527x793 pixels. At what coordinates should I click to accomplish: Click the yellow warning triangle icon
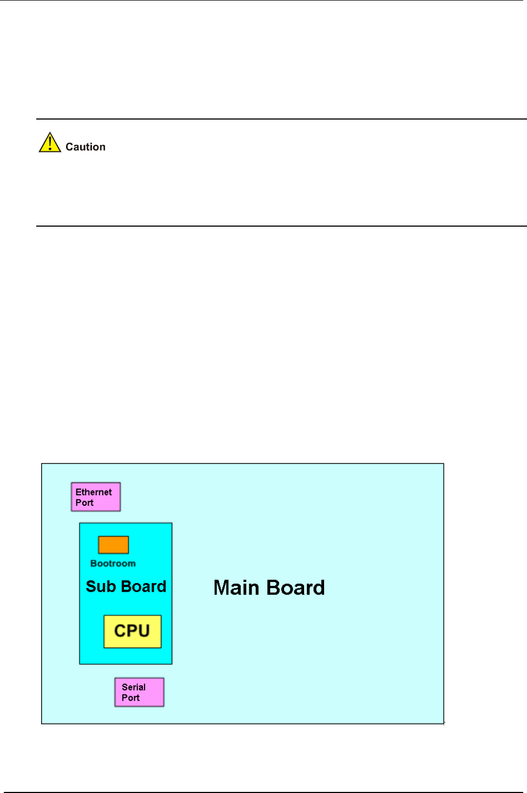coord(50,142)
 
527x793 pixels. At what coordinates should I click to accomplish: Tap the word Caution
coord(85,147)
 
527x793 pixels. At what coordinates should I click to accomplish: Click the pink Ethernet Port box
coord(96,497)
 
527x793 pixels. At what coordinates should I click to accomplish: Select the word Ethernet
coord(94,492)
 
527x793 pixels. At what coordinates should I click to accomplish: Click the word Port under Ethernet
coord(84,503)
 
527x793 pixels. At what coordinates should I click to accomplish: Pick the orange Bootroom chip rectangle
coord(113,545)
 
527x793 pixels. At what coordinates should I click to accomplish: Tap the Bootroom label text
coord(113,563)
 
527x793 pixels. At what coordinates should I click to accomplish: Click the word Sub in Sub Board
coord(101,586)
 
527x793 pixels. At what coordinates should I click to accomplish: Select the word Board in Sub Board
coord(144,586)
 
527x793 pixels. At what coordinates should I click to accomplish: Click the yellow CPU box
coord(133,632)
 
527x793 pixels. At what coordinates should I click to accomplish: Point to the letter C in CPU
coord(120,631)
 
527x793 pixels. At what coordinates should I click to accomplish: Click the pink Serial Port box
coord(139,692)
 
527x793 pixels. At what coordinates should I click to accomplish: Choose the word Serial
coord(134,687)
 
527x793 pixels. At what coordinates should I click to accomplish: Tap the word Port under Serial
coord(131,698)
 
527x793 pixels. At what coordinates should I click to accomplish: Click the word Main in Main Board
coord(236,587)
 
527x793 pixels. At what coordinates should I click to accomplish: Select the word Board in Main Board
coord(295,587)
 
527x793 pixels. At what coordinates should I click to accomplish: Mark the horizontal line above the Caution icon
coord(281,119)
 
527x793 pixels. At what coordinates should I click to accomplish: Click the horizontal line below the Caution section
coord(281,226)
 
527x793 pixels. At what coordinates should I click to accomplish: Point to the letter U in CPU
coord(144,631)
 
